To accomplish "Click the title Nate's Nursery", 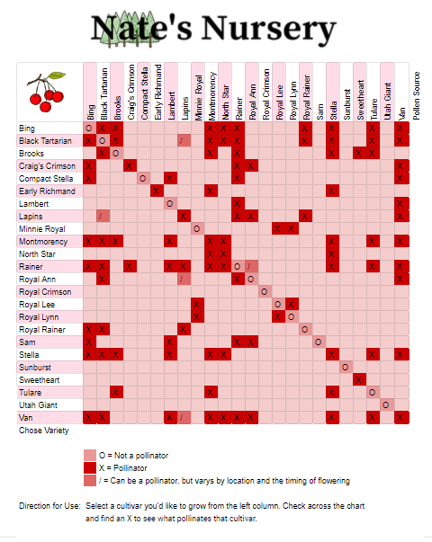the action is click(x=213, y=29).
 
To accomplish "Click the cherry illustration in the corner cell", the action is click(x=47, y=92).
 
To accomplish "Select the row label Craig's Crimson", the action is click(x=47, y=166).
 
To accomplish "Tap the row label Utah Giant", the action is click(x=38, y=405).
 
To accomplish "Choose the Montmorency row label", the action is click(x=43, y=241).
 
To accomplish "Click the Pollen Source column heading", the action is click(x=417, y=96).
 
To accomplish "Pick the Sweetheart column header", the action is click(x=360, y=101).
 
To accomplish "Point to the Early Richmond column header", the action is click(x=157, y=93).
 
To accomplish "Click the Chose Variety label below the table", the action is click(x=43, y=431).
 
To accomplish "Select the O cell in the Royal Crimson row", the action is click(x=265, y=292).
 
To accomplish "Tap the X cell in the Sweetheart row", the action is click(x=359, y=380).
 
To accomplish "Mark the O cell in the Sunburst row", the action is click(x=345, y=367).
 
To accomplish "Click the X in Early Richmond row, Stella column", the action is click(x=332, y=191).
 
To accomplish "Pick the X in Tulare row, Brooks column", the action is click(x=116, y=392).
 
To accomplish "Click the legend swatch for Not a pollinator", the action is click(x=90, y=455).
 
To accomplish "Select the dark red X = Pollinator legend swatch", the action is click(x=90, y=467).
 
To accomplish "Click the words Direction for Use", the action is click(x=49, y=506).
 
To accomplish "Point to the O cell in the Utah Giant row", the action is click(x=386, y=404).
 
